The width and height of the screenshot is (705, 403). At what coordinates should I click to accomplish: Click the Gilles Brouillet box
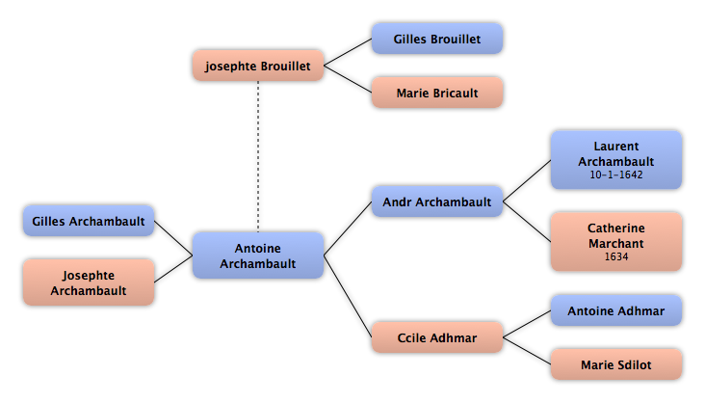(437, 39)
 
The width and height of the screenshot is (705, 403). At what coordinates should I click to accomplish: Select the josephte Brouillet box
(258, 66)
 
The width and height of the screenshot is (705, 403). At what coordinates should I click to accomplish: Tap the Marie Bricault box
(437, 93)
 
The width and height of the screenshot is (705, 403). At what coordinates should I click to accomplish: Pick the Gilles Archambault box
(89, 221)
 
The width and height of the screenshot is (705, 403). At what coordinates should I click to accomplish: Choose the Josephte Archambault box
(89, 282)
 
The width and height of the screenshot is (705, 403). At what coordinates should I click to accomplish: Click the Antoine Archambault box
(258, 255)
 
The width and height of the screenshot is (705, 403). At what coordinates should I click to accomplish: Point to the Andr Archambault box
(437, 201)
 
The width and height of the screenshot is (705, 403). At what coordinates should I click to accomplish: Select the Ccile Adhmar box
(437, 337)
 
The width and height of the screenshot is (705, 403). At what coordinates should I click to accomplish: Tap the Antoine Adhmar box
(616, 310)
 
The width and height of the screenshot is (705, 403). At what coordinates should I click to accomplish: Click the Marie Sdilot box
(616, 364)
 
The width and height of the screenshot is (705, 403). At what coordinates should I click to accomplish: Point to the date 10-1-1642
(616, 175)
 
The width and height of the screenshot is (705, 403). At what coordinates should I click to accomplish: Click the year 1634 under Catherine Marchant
(616, 256)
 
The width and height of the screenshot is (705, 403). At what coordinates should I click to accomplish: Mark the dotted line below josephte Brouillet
(258, 157)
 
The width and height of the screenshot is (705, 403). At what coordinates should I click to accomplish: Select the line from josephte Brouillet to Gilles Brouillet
(348, 52)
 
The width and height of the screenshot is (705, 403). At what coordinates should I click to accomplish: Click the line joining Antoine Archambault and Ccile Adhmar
(348, 296)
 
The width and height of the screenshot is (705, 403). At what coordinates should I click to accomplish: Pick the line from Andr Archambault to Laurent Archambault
(527, 181)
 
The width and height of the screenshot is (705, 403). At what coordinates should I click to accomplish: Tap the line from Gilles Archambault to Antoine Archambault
(173, 238)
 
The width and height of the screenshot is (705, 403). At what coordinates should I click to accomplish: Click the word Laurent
(616, 147)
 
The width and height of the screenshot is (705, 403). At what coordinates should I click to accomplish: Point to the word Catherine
(616, 228)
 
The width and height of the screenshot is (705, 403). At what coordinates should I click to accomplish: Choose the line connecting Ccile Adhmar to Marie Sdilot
(527, 351)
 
